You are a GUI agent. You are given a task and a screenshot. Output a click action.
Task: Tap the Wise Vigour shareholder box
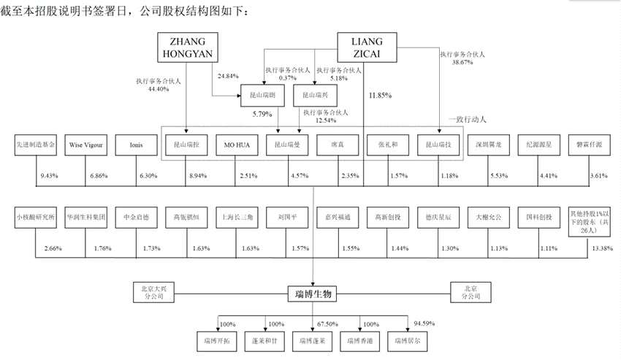[x=86, y=145]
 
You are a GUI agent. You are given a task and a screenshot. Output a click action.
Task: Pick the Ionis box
[x=137, y=145]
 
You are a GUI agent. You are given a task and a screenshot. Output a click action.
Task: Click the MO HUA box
[x=237, y=145]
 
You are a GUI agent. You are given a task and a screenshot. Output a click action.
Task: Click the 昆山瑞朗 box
[x=262, y=95]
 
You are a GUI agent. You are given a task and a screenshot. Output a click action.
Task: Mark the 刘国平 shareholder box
[x=287, y=217]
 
